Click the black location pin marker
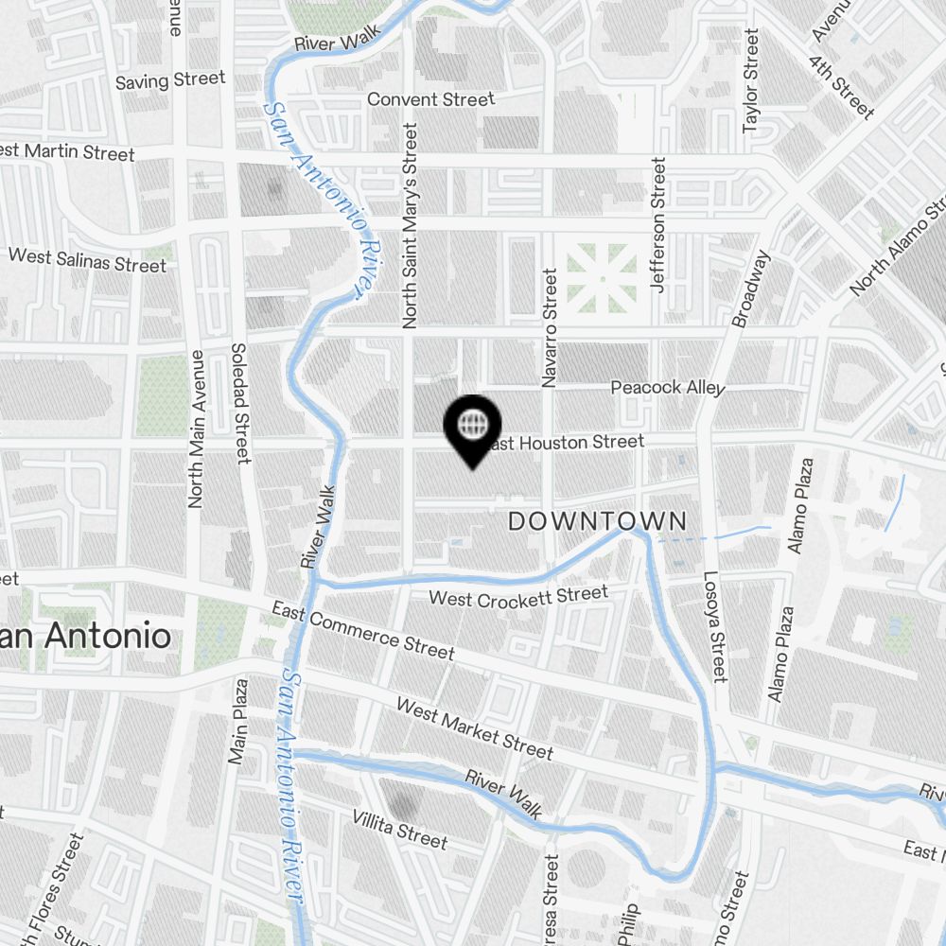[x=472, y=428]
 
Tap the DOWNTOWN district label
[x=598, y=520]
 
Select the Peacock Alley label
[x=668, y=388]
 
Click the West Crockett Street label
[x=518, y=596]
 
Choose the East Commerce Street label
[x=362, y=630]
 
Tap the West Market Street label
[x=474, y=728]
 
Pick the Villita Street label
[x=400, y=829]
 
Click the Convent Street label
[x=430, y=99]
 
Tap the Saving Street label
[x=170, y=80]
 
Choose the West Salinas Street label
[x=87, y=259]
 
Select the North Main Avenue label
[x=197, y=429]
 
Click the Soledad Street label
[x=240, y=403]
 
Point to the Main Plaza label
[x=237, y=721]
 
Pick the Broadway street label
[x=752, y=288]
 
